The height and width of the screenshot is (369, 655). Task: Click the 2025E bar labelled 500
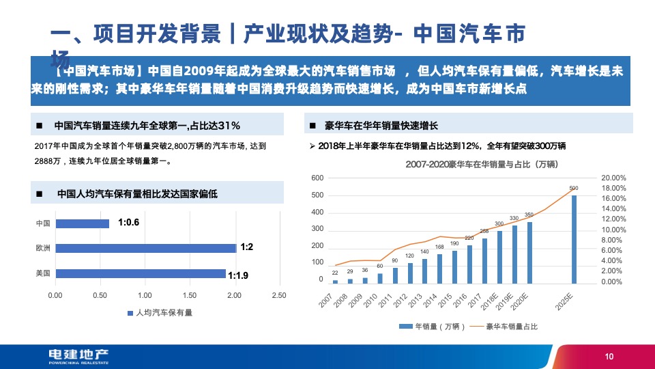coord(574,239)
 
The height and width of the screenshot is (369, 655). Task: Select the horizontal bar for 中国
coord(83,223)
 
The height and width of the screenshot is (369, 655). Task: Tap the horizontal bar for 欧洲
coord(146,248)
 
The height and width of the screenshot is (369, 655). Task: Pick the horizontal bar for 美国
coord(141,273)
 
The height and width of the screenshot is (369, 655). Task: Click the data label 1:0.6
coord(129,222)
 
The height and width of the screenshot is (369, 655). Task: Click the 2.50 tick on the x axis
coord(278,295)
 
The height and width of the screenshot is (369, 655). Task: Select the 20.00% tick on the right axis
coord(613,178)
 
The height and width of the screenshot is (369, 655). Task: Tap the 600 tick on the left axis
coord(317,178)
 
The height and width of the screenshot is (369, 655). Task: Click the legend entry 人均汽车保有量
coord(160,313)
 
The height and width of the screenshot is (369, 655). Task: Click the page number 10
coord(609,356)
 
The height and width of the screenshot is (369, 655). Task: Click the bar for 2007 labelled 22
coord(335,281)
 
